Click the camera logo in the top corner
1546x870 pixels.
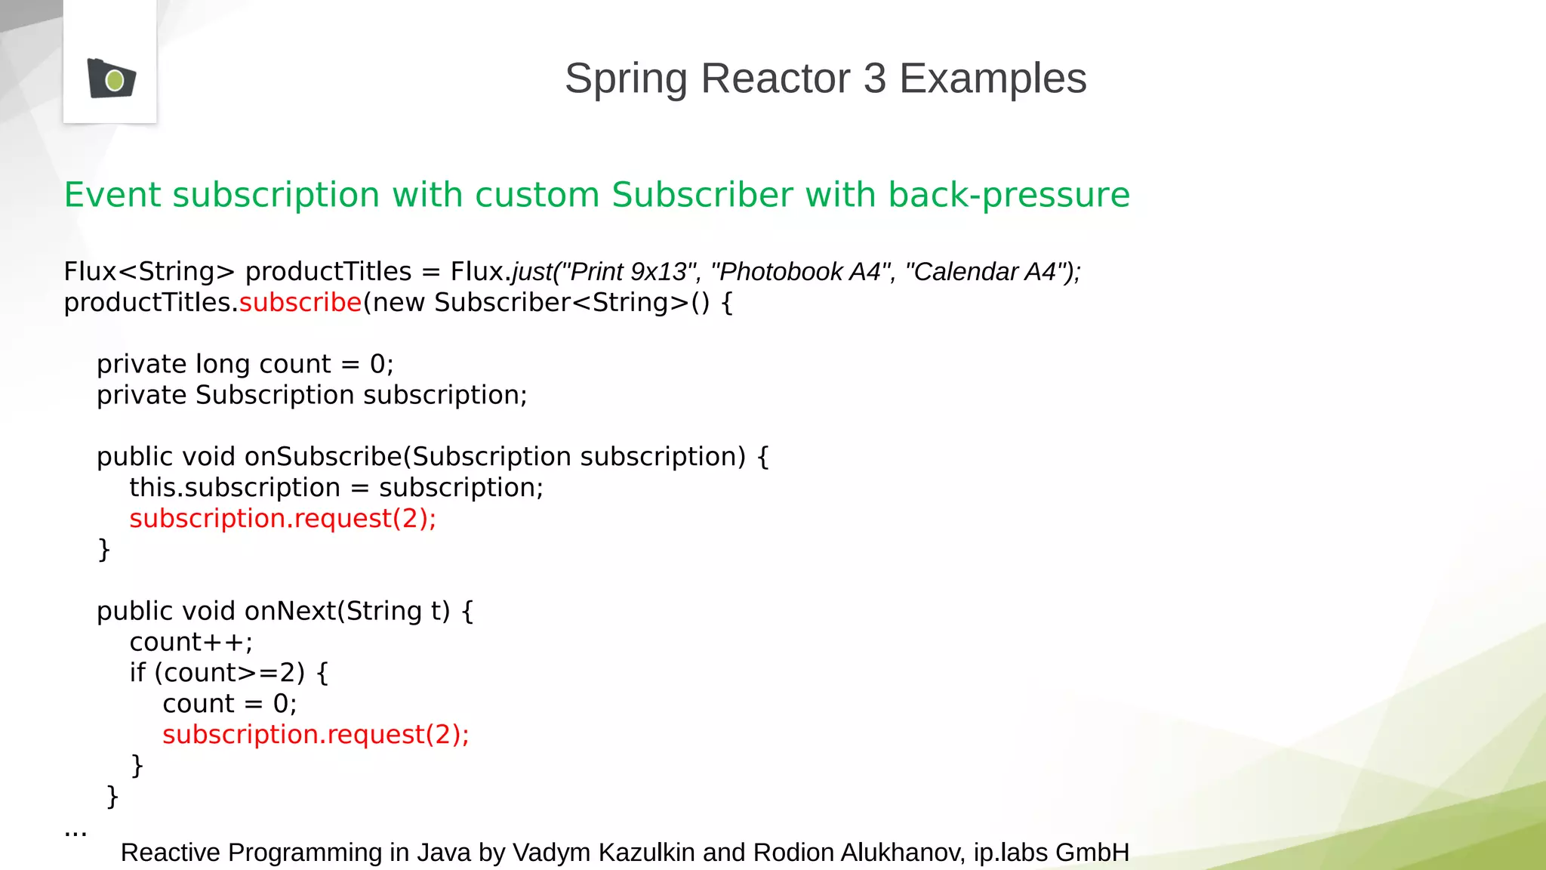[x=111, y=79]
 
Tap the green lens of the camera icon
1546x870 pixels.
[x=115, y=80]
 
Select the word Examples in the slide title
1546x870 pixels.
[x=993, y=79]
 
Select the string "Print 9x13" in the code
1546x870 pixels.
[x=630, y=272]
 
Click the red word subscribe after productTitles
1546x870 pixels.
[x=300, y=303]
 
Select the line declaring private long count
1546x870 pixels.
[x=245, y=365]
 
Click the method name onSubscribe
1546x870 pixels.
[x=323, y=457]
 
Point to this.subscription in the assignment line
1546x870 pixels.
[x=235, y=488]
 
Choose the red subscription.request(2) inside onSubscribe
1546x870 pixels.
[x=282, y=519]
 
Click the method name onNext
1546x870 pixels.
[x=290, y=611]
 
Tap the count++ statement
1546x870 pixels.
[x=191, y=642]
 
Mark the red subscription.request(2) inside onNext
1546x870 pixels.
[x=316, y=735]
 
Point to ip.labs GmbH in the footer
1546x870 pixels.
[x=1051, y=853]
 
